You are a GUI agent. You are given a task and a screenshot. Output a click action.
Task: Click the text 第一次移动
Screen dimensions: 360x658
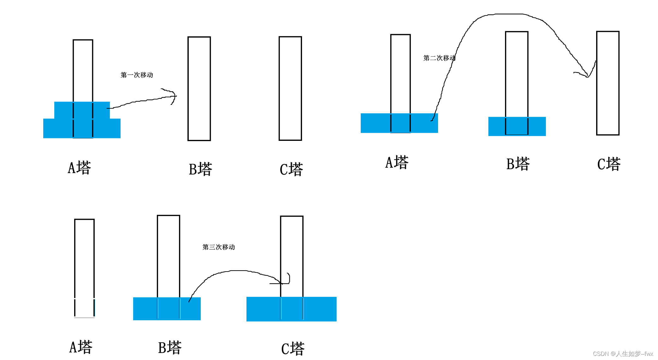coord(137,75)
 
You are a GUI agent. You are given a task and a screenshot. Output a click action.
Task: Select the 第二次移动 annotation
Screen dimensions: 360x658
coord(439,58)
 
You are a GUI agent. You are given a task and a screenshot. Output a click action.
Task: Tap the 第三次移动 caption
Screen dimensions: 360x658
coord(218,247)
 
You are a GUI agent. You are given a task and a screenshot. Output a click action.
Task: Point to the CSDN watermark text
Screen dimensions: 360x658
coord(623,354)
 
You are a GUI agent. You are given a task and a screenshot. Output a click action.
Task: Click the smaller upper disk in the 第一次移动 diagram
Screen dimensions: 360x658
coord(82,110)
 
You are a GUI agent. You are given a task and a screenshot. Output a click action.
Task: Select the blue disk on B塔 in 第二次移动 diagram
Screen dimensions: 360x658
coord(517,126)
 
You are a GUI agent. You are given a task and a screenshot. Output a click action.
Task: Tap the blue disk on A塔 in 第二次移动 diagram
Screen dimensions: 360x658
coord(399,123)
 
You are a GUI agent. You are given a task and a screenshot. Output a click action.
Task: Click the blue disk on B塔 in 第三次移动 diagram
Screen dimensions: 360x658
coord(167,309)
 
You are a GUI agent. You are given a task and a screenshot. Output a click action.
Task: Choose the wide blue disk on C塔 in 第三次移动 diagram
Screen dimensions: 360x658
coord(291,309)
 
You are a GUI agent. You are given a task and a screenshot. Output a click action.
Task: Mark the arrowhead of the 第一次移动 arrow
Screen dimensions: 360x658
coord(174,96)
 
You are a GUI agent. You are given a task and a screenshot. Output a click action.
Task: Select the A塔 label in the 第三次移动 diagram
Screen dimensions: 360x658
coord(81,347)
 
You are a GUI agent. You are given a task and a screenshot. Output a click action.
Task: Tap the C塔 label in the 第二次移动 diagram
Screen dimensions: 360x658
coord(609,164)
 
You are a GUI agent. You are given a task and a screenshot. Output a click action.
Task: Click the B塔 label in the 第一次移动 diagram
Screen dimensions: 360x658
coord(200,169)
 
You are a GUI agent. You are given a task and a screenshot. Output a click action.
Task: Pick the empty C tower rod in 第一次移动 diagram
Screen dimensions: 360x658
coord(290,88)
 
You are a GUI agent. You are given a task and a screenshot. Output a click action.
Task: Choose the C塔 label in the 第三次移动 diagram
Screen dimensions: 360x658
coord(293,349)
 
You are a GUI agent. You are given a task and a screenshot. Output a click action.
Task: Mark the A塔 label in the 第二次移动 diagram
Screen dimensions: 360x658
coord(397,162)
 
